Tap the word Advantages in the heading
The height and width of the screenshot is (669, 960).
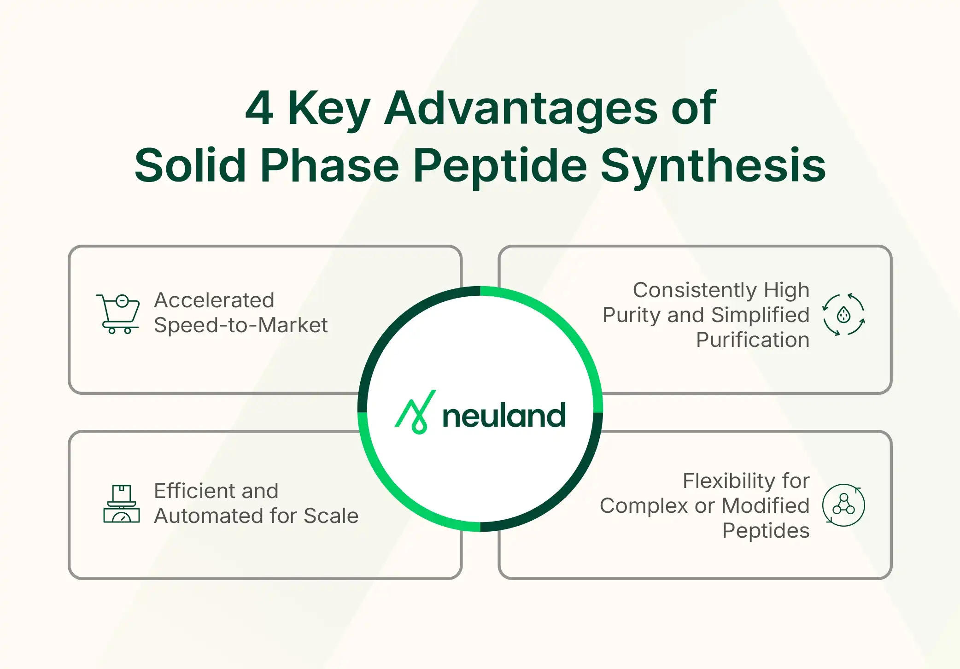[521, 109]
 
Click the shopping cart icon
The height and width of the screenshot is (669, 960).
[118, 314]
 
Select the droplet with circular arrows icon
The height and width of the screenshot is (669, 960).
[843, 315]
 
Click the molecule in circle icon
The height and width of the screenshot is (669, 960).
[843, 505]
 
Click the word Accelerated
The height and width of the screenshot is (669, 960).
[214, 300]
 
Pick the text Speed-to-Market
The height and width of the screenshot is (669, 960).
[240, 325]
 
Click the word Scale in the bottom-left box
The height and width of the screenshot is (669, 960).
[331, 516]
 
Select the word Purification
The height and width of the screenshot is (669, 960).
[752, 340]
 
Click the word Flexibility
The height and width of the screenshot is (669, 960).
[728, 481]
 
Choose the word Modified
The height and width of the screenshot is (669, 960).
[765, 506]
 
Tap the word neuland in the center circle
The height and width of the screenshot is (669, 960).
[503, 416]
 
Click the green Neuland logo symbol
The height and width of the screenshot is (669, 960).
[416, 412]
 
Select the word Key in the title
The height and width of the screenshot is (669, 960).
[328, 109]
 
